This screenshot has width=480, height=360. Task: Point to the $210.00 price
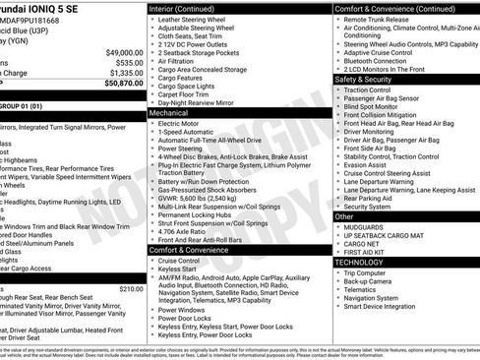point(130,289)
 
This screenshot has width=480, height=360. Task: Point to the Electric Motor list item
point(182,124)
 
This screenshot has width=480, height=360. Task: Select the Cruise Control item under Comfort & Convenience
point(186,261)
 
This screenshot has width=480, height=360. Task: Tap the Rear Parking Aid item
point(373,198)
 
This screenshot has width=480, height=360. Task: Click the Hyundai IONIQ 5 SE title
point(39,6)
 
